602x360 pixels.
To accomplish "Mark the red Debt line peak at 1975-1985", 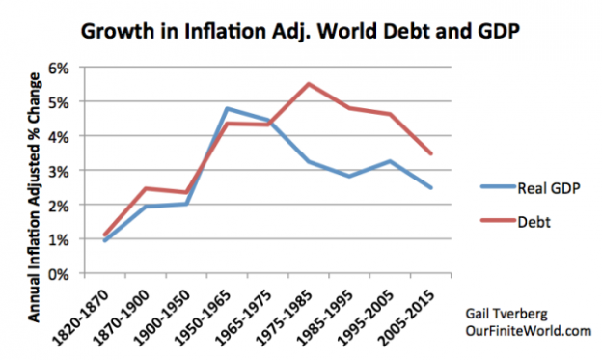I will click(x=308, y=84).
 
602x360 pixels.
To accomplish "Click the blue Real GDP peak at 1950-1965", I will click(x=226, y=108).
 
